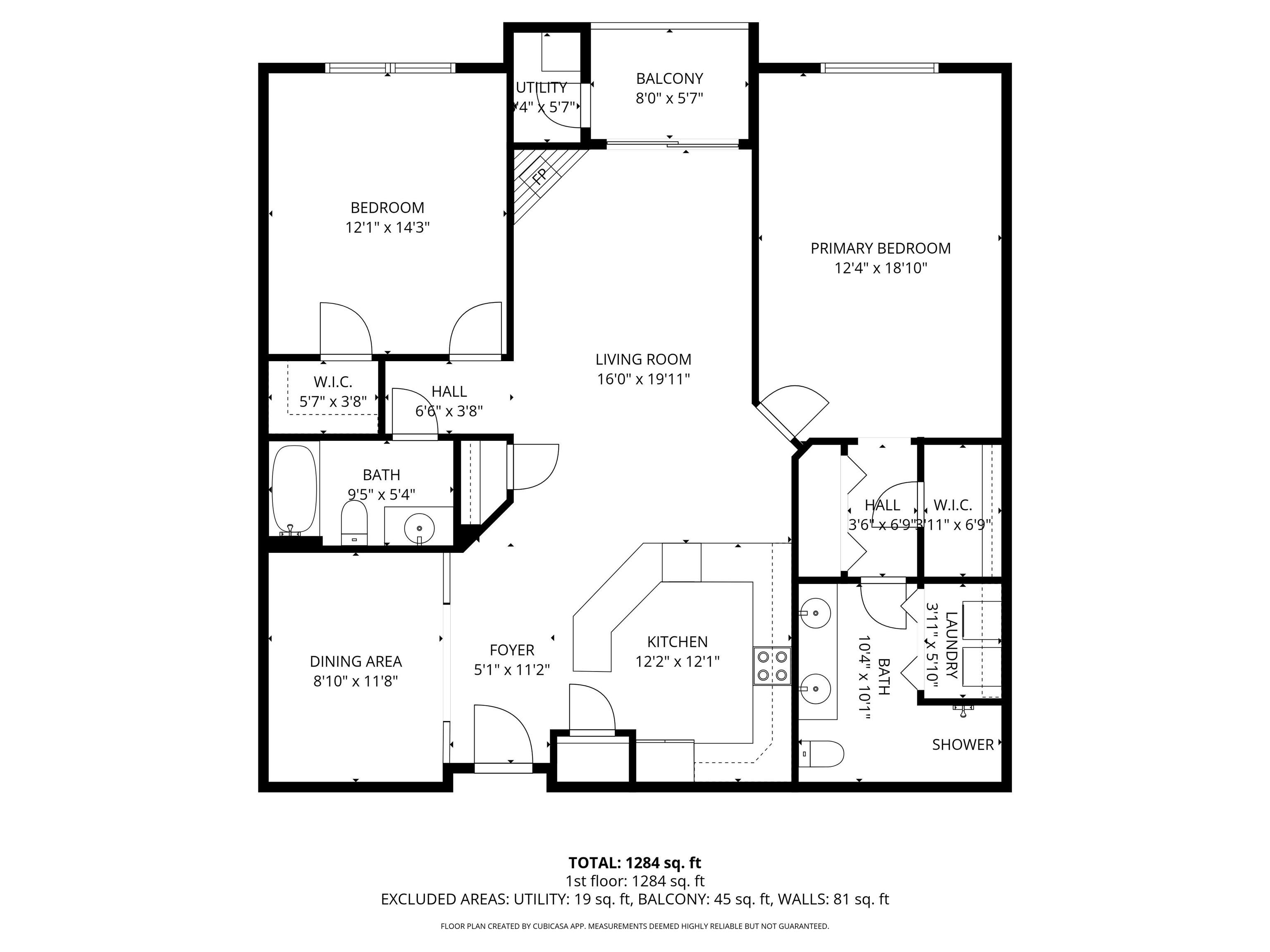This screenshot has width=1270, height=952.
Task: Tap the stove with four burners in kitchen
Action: click(x=772, y=665)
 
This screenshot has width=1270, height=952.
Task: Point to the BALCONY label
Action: click(x=669, y=79)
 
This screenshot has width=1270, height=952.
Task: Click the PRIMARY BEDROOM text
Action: click(x=880, y=248)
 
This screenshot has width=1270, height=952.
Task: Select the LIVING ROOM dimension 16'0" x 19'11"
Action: click(x=643, y=379)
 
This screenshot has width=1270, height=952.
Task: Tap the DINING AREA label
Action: click(x=356, y=662)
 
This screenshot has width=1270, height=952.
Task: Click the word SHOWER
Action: click(x=962, y=745)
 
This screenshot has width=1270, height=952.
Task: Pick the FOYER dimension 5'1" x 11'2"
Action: click(x=511, y=670)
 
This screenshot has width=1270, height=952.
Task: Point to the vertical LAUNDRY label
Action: click(x=951, y=645)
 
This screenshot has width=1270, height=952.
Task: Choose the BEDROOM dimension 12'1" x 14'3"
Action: click(x=387, y=228)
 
